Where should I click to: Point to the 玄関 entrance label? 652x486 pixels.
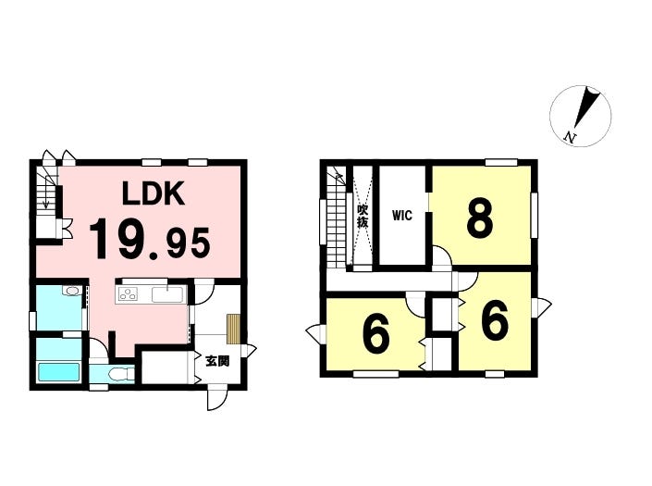[x=218, y=361]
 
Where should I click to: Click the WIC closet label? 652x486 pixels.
[x=401, y=217]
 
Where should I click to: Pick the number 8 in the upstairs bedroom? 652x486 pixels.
[x=478, y=219]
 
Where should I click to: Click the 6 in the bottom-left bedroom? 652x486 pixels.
[x=375, y=335]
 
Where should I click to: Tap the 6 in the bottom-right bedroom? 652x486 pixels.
[x=495, y=322]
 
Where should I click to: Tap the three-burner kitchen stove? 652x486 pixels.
[x=127, y=295]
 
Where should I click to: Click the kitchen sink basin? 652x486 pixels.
[x=168, y=295]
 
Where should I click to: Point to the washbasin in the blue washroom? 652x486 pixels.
[x=71, y=293]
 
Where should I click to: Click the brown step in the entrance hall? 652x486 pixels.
[x=233, y=329]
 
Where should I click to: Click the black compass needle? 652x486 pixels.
[x=583, y=109]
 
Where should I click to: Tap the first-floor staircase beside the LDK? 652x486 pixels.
[x=45, y=194]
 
